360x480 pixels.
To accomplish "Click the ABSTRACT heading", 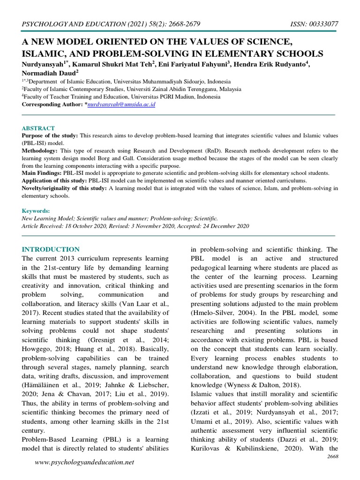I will click(x=38, y=128).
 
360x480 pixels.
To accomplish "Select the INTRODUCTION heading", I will click(x=51, y=249).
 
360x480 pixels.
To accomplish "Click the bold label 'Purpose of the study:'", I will click(x=50, y=135).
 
